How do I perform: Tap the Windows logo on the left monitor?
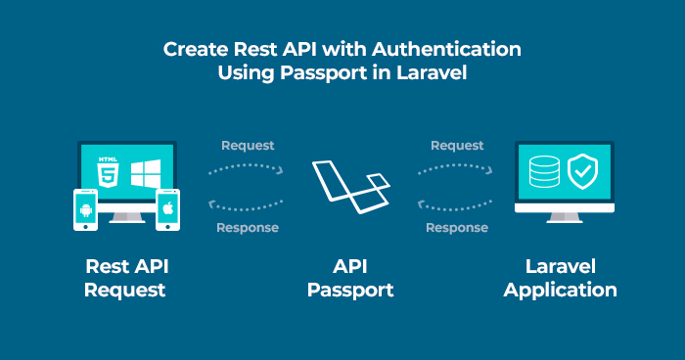145,173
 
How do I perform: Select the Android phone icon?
86,209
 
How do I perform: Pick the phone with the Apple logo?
168,209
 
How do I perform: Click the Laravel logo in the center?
350,186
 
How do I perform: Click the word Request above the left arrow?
248,146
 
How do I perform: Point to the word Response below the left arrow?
248,227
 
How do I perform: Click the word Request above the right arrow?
457,146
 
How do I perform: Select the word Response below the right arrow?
457,227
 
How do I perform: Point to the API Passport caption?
350,278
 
